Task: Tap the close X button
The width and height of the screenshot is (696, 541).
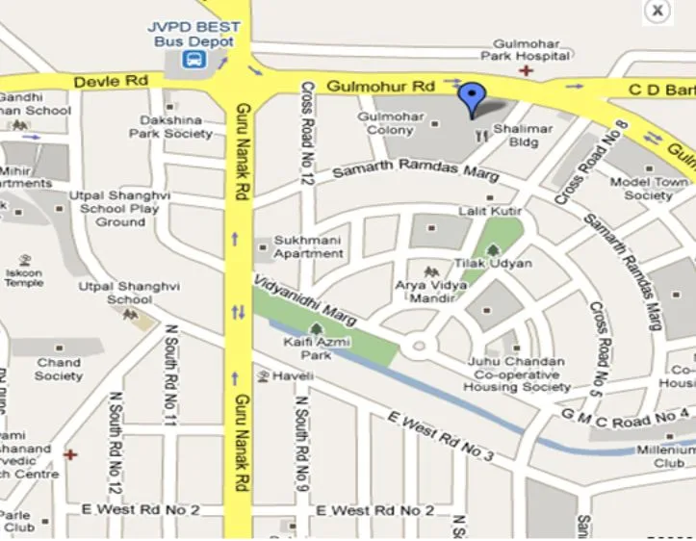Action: tap(657, 11)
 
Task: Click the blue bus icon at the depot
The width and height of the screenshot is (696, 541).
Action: tap(194, 61)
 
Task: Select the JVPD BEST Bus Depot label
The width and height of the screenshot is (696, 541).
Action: tap(193, 35)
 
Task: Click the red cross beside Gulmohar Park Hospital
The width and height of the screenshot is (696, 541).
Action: tap(525, 70)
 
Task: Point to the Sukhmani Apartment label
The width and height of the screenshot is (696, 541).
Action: tap(308, 246)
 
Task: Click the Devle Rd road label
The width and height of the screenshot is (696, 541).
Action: tap(111, 83)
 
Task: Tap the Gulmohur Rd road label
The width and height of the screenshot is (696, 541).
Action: tap(380, 87)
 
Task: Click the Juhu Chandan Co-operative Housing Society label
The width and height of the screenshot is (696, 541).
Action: tap(517, 374)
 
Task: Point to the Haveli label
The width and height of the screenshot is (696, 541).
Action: tap(294, 374)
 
